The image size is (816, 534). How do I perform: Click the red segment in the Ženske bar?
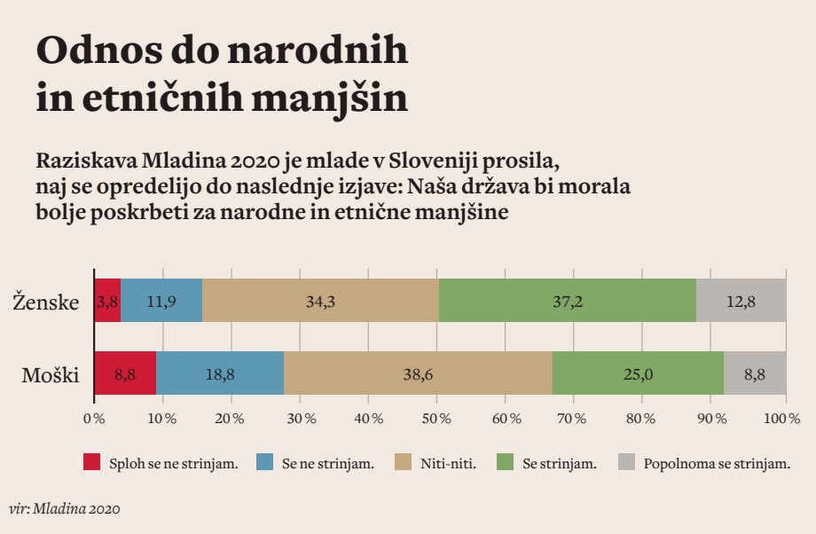pyautogui.click(x=107, y=300)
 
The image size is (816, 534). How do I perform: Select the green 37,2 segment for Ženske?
pyautogui.click(x=567, y=300)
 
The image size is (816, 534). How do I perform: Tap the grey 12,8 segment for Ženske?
pyautogui.click(x=741, y=300)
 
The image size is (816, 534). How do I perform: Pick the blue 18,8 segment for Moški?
pyautogui.click(x=220, y=373)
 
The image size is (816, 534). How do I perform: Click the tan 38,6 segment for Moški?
pyautogui.click(x=418, y=373)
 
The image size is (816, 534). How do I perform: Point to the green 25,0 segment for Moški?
pyautogui.click(x=638, y=373)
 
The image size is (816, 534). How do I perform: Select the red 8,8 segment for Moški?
pyautogui.click(x=125, y=373)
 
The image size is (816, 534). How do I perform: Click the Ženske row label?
pyautogui.click(x=46, y=302)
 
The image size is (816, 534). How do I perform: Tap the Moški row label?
pyautogui.click(x=51, y=375)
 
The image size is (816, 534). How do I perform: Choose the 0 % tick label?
pyautogui.click(x=94, y=417)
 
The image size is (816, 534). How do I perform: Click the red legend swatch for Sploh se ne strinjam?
pyautogui.click(x=92, y=462)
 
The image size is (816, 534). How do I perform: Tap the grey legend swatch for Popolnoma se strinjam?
pyautogui.click(x=626, y=462)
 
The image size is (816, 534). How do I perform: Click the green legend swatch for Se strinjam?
pyautogui.click(x=505, y=462)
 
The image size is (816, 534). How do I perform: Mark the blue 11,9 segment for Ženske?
pyautogui.click(x=161, y=300)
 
